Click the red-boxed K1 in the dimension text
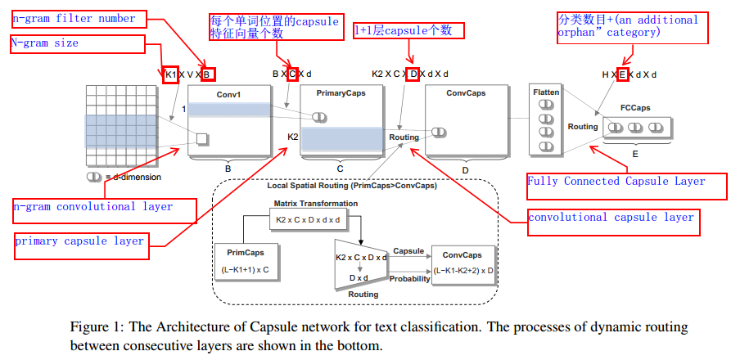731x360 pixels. [x=170, y=74]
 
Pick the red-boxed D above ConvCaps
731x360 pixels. [x=414, y=74]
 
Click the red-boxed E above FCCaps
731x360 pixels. [x=622, y=74]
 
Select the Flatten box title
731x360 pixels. [x=546, y=92]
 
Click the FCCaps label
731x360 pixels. [x=635, y=108]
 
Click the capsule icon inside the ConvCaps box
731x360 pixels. [x=439, y=133]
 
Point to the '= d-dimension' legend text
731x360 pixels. [x=133, y=177]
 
